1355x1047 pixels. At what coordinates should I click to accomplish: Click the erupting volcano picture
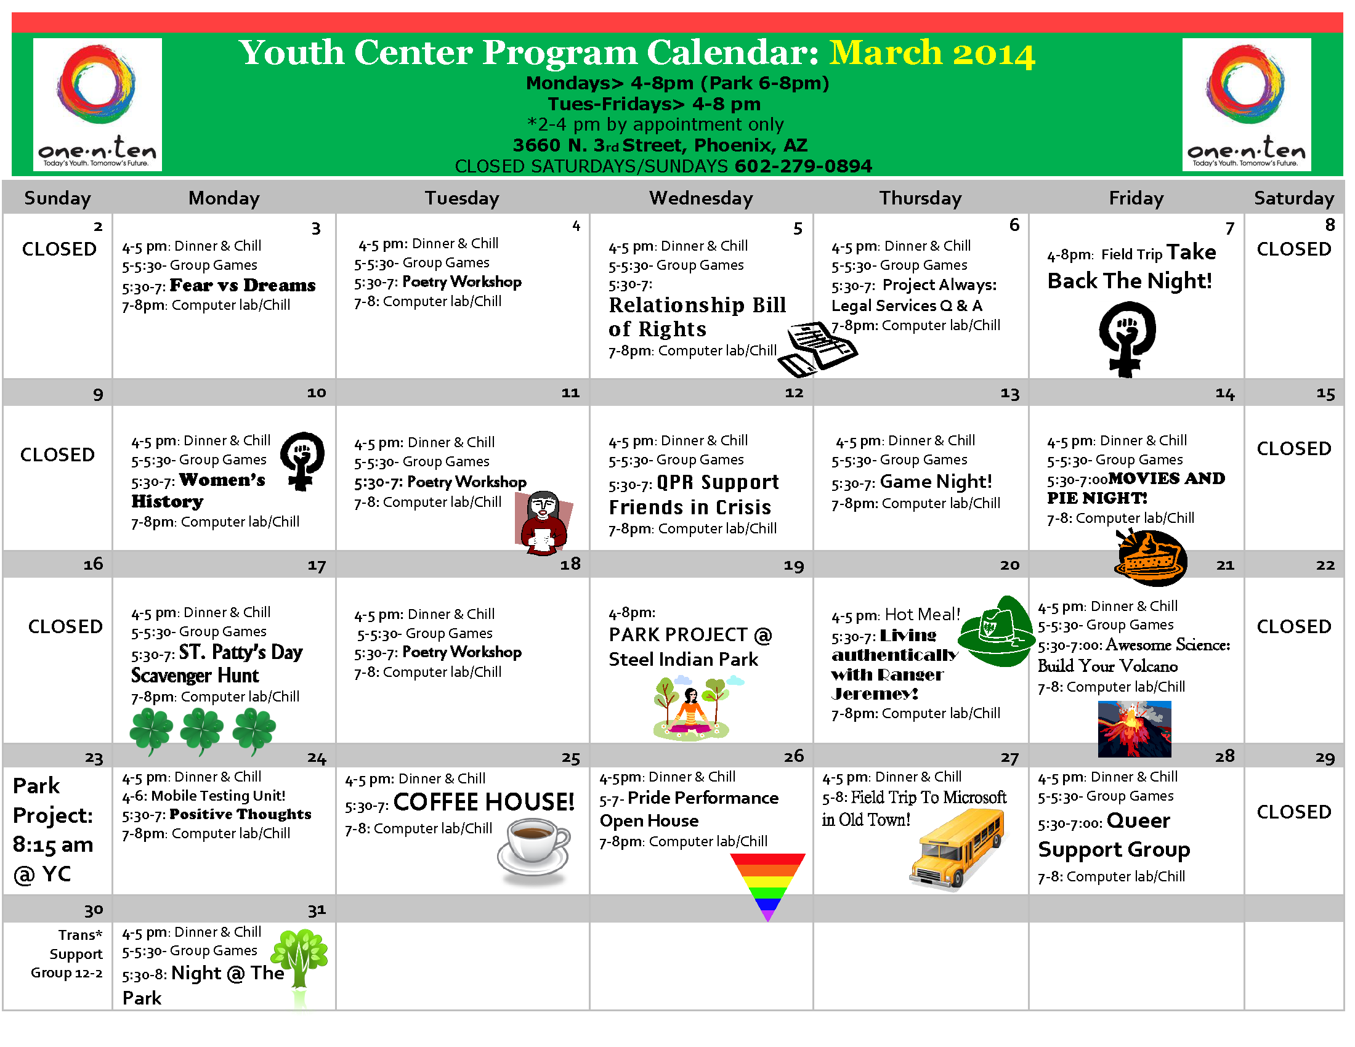click(x=1134, y=729)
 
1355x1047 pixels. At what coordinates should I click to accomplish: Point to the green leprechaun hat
click(x=995, y=631)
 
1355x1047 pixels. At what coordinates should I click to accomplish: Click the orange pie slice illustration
click(x=1151, y=558)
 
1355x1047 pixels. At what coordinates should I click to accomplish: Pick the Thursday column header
click(x=920, y=198)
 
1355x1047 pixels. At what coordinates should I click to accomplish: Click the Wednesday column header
click(x=700, y=198)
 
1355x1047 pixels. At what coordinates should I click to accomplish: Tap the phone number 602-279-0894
click(x=803, y=166)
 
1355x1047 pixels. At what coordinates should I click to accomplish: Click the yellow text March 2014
click(x=932, y=54)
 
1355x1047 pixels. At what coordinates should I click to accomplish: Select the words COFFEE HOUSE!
click(x=484, y=801)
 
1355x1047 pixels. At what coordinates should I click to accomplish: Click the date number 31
click(x=317, y=910)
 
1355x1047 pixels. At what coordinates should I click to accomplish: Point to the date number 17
click(x=317, y=565)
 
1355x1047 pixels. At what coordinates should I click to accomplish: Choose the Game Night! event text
click(x=936, y=482)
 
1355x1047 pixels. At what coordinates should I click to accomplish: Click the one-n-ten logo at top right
click(x=1246, y=104)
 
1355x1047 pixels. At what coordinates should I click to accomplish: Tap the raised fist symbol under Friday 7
click(x=1126, y=338)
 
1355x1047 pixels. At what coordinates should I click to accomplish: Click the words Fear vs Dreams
click(x=243, y=285)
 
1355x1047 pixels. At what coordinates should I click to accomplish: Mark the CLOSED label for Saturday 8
click(x=1293, y=249)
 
